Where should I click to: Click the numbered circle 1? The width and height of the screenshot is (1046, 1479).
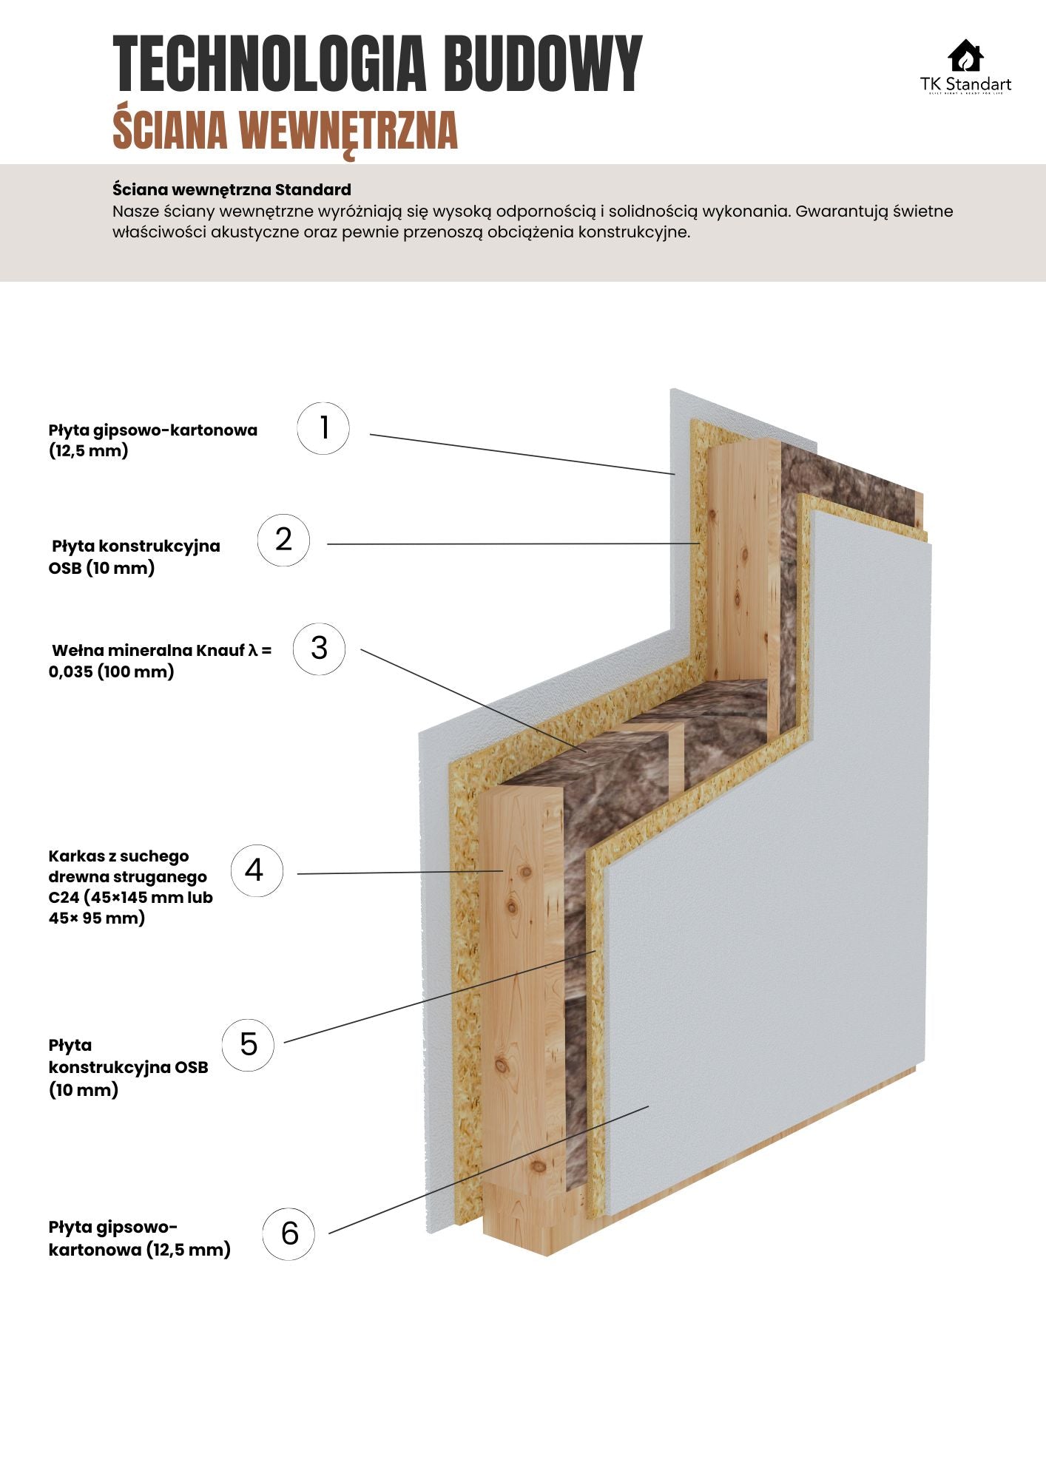click(x=323, y=428)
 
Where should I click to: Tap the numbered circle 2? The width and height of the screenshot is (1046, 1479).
click(x=283, y=541)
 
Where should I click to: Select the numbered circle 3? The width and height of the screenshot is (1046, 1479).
click(x=319, y=649)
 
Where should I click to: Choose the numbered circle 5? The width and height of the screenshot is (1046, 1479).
click(x=248, y=1044)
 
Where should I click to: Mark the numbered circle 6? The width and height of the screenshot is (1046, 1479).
click(x=289, y=1233)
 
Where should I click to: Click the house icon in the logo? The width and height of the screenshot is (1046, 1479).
click(x=965, y=56)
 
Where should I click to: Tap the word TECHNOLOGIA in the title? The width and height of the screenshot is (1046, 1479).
click(x=270, y=65)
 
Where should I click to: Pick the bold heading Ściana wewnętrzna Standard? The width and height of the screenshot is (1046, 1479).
click(x=232, y=189)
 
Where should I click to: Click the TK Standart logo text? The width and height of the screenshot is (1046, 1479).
click(x=965, y=84)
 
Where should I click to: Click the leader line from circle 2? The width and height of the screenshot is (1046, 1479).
click(x=510, y=544)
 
